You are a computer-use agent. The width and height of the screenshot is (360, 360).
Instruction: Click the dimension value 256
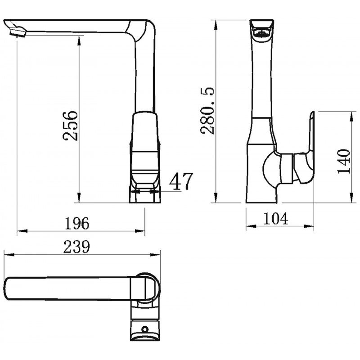(x=70, y=126)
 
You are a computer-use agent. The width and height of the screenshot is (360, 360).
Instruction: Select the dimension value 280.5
(x=207, y=110)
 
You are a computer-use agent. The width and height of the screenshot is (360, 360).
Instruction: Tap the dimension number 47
(x=181, y=181)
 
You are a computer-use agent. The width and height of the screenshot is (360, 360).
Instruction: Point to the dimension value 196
(x=76, y=223)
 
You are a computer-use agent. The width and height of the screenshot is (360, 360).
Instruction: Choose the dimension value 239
(x=76, y=247)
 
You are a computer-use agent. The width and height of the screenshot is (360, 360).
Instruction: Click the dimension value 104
(x=275, y=218)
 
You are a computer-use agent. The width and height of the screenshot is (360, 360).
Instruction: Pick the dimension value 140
(x=344, y=162)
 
